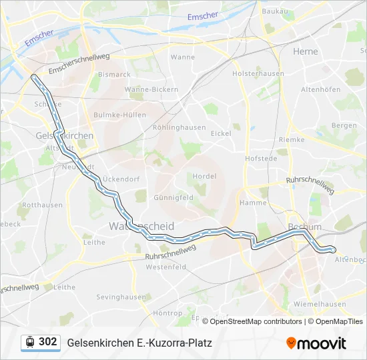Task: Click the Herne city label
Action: [306, 51]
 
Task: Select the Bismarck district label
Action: [115, 75]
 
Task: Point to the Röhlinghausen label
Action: [179, 127]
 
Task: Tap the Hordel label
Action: [204, 176]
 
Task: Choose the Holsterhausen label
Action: [258, 74]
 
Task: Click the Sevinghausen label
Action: [121, 297]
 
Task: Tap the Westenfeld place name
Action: [165, 267]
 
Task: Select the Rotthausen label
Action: [42, 205]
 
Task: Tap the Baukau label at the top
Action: [275, 11]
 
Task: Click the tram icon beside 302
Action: [30, 342]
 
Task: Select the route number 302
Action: [48, 342]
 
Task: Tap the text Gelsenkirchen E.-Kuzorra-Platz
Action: [139, 343]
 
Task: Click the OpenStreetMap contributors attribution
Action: [254, 321]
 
